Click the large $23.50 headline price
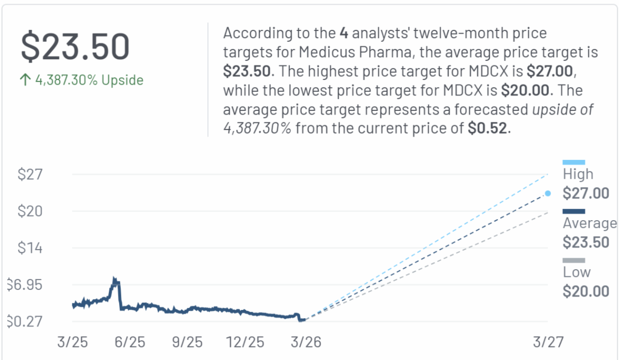[x=75, y=47]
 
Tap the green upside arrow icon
[x=25, y=80]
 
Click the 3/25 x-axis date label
[x=73, y=342]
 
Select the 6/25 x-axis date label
[x=130, y=342]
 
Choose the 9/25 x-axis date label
[x=187, y=342]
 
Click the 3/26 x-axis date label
[x=304, y=342]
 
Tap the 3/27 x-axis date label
[x=548, y=342]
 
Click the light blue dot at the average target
[x=548, y=193]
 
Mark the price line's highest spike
[x=115, y=280]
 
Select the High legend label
[x=578, y=174]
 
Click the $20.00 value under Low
[x=585, y=291]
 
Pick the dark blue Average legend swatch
[x=574, y=211]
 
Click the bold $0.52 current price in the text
[x=488, y=128]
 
